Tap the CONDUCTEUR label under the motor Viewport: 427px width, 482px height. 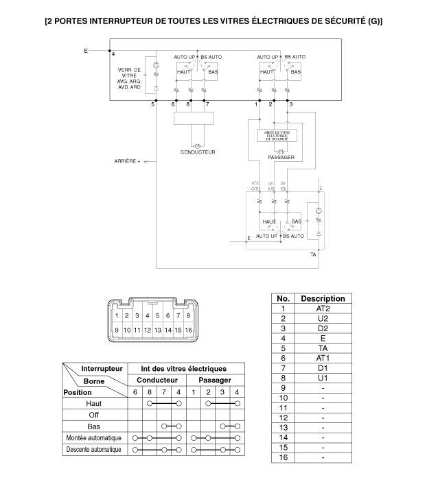(x=198, y=152)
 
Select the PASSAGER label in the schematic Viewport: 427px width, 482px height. (x=281, y=158)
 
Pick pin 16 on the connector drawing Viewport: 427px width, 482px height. (x=189, y=330)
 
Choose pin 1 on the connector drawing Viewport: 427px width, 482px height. (x=117, y=316)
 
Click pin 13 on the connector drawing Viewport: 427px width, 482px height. (x=158, y=330)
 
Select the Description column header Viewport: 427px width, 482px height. (x=323, y=298)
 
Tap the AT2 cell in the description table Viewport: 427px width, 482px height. (x=323, y=309)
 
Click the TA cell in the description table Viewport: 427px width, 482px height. (x=323, y=348)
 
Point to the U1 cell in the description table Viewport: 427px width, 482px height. (x=323, y=378)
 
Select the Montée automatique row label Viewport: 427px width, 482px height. (x=93, y=438)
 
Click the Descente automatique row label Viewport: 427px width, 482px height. (x=93, y=450)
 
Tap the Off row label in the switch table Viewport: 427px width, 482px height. (x=93, y=415)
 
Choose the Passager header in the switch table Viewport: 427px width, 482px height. (x=214, y=380)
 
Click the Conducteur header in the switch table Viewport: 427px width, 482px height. (x=157, y=380)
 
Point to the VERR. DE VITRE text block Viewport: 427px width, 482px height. (x=129, y=78)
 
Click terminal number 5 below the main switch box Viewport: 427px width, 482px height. (x=154, y=104)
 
